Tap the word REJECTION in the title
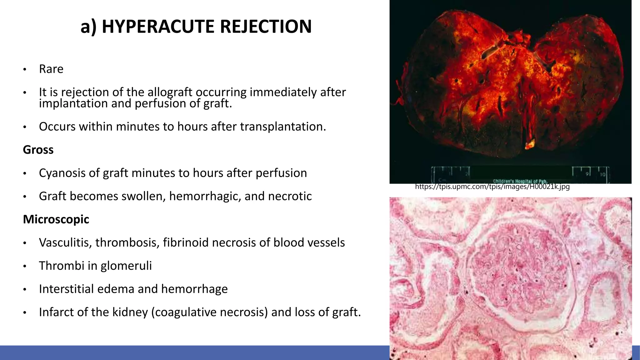tap(266, 27)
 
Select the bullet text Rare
tap(51, 69)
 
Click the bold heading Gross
tap(38, 150)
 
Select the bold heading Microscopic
tap(56, 219)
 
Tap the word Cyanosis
tap(62, 173)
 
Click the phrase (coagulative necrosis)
tap(209, 312)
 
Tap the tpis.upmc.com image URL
tap(492, 187)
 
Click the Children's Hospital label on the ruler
tap(520, 181)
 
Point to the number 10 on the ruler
tap(602, 175)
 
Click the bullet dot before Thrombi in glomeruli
tap(25, 267)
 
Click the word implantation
tap(73, 103)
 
